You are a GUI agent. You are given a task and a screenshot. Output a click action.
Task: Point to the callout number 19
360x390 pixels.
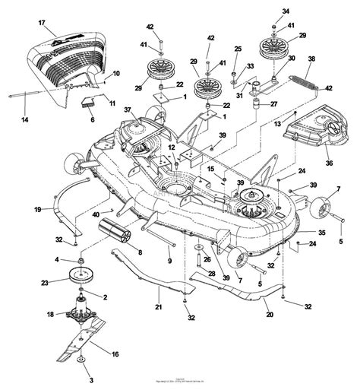[x=16, y=208]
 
